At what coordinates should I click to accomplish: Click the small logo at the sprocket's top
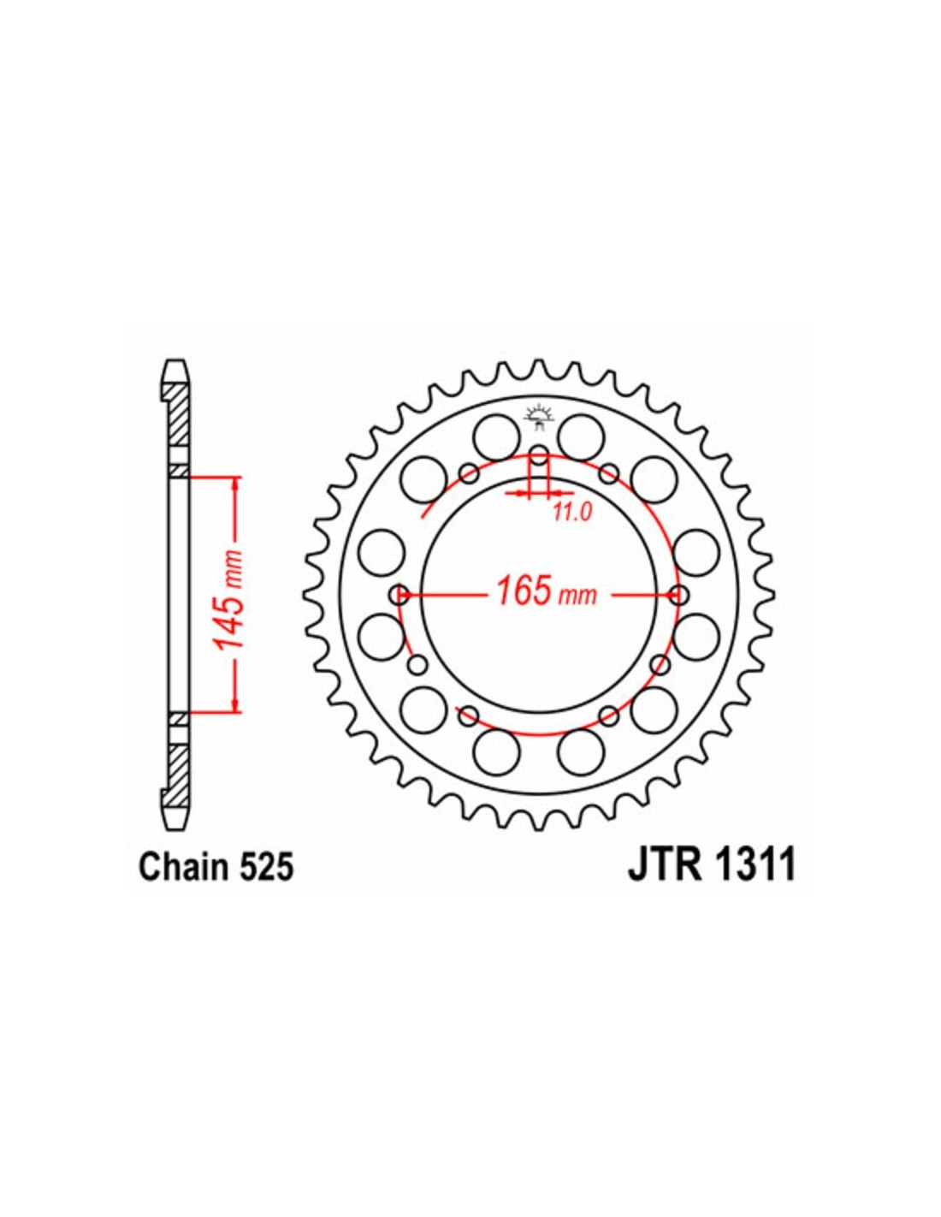538,417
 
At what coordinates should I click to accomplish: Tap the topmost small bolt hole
539,455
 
